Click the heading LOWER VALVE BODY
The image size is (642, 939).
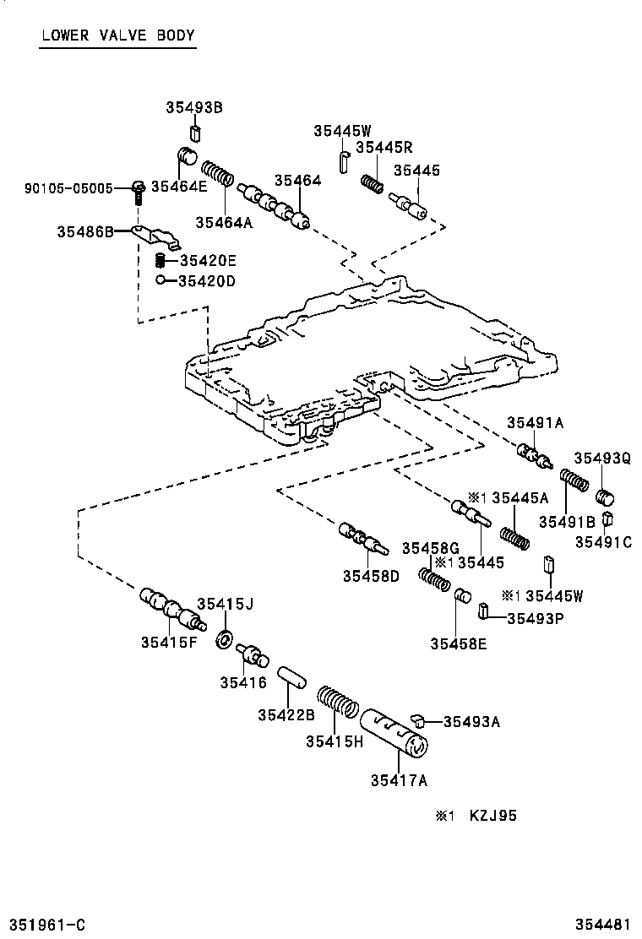point(117,35)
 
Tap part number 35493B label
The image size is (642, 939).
point(194,107)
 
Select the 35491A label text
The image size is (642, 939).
point(535,422)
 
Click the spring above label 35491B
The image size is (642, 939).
point(575,482)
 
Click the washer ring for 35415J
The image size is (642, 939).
point(226,639)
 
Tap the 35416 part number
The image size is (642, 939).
point(242,682)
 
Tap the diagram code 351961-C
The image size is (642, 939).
point(47,925)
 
